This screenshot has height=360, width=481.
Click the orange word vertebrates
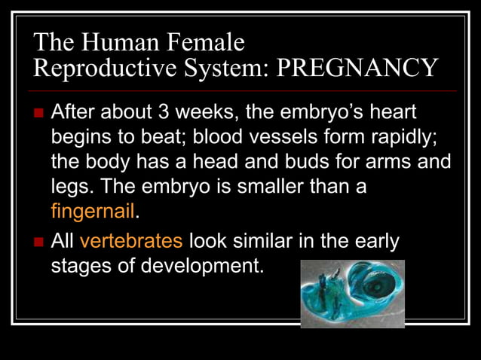click(131, 242)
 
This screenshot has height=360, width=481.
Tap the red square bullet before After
click(39, 114)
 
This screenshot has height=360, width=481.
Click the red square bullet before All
click(39, 243)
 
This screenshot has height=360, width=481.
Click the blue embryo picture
click(352, 294)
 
